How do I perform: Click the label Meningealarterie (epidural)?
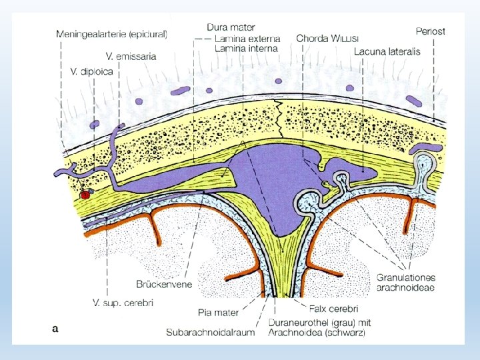(x=111, y=33)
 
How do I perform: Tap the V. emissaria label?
(x=131, y=56)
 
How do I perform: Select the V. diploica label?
(x=93, y=70)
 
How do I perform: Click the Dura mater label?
(x=231, y=27)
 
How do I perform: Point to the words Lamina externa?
(x=247, y=38)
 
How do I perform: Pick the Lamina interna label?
(x=246, y=48)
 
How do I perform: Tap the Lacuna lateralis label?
(x=387, y=51)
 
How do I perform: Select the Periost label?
(x=430, y=31)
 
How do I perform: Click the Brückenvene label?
(x=163, y=285)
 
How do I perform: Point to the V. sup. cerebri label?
(x=123, y=303)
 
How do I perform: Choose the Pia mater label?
(x=219, y=312)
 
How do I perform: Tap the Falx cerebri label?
(x=334, y=309)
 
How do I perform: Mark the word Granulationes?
(x=406, y=277)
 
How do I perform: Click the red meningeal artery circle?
(x=85, y=195)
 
